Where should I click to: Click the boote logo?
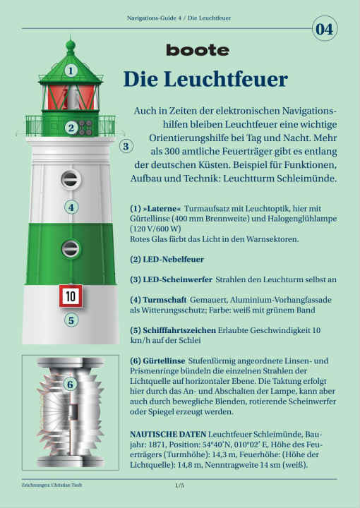pyautogui.click(x=198, y=50)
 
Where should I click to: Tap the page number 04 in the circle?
pyautogui.click(x=325, y=29)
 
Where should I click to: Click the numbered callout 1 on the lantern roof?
pyautogui.click(x=71, y=71)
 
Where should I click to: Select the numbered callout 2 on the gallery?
pyautogui.click(x=71, y=128)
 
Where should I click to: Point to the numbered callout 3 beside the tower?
pyautogui.click(x=126, y=146)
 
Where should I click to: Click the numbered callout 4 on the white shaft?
pyautogui.click(x=71, y=207)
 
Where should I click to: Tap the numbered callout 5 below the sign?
pyautogui.click(x=71, y=320)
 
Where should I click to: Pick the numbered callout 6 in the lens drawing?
pyautogui.click(x=70, y=385)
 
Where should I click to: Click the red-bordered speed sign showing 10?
pyautogui.click(x=71, y=296)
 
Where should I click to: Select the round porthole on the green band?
pyautogui.click(x=71, y=249)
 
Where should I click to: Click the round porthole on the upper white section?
pyautogui.click(x=71, y=179)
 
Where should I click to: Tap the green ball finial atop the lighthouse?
pyautogui.click(x=71, y=45)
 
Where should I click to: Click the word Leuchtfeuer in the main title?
pyautogui.click(x=226, y=79)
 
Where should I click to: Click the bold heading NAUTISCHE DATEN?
pyautogui.click(x=168, y=434)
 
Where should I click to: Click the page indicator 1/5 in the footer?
pyautogui.click(x=179, y=485)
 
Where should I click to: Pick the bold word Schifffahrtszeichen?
pyautogui.click(x=179, y=330)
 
